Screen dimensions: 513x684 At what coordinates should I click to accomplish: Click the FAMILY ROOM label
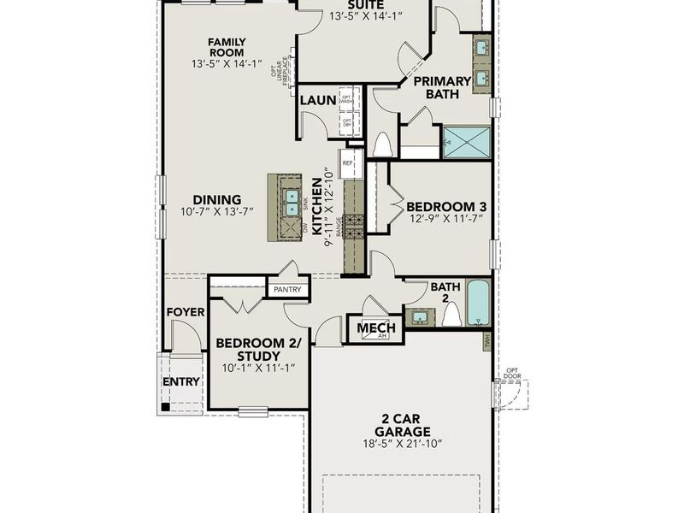(x=227, y=48)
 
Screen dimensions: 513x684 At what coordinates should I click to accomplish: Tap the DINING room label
(x=217, y=199)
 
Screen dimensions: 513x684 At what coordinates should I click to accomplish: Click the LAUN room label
(x=317, y=101)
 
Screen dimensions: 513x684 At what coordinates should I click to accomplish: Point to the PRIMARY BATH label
(x=443, y=88)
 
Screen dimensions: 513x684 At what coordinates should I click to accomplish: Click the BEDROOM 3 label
(x=446, y=206)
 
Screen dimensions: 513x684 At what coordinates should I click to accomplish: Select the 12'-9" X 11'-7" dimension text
(x=446, y=220)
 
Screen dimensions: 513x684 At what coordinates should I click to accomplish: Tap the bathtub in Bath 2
(x=478, y=304)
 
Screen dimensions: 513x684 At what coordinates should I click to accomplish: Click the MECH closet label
(x=376, y=328)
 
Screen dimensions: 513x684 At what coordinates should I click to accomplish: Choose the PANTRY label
(x=287, y=290)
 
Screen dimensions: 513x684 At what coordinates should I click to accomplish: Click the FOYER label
(x=186, y=312)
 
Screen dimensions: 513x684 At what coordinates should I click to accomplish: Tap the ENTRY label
(x=181, y=381)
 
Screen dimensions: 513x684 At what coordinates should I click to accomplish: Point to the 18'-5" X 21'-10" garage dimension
(x=401, y=444)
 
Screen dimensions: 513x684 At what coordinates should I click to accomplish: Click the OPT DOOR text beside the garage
(x=511, y=374)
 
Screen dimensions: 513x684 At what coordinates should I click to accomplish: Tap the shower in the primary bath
(x=466, y=142)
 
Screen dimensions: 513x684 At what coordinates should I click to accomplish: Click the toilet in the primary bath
(x=381, y=146)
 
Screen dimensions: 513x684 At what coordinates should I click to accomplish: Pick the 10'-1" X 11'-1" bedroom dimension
(x=259, y=369)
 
